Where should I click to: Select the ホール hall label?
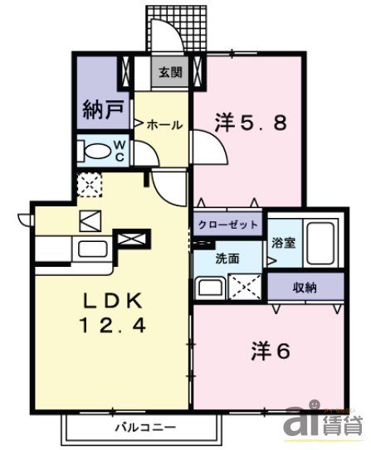tap(164, 124)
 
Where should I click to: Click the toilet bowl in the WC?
tap(100, 152)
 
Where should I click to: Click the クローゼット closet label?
tap(228, 225)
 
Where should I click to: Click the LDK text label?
tap(115, 299)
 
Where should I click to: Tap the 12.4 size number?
tap(115, 327)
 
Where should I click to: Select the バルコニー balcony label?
tap(144, 428)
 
